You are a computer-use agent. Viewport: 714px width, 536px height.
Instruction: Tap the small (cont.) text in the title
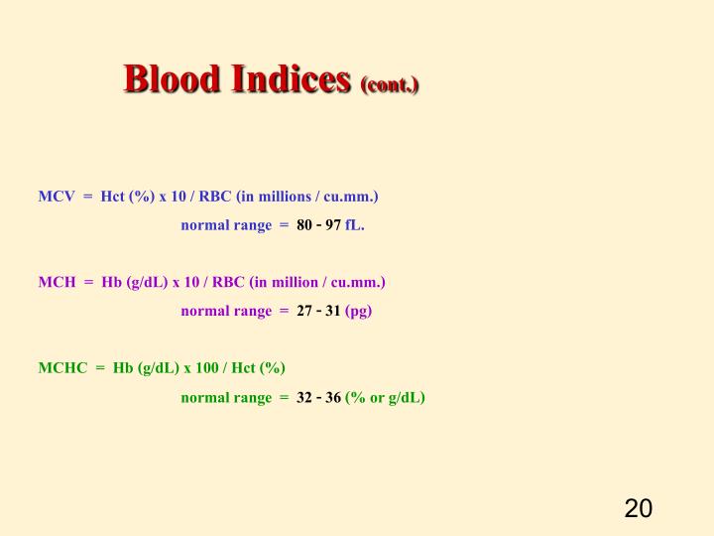pyautogui.click(x=391, y=84)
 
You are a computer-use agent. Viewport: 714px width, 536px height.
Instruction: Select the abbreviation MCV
pyautogui.click(x=58, y=196)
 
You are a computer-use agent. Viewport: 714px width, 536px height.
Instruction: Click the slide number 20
pyautogui.click(x=638, y=508)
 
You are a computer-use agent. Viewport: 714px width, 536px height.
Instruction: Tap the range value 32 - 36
pyautogui.click(x=318, y=398)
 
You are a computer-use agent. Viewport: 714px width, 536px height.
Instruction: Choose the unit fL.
pyautogui.click(x=355, y=225)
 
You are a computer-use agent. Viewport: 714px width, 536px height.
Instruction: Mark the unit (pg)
pyautogui.click(x=359, y=312)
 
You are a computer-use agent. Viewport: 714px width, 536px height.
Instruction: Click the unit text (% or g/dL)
pyautogui.click(x=385, y=398)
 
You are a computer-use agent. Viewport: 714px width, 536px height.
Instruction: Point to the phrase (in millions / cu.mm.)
pyautogui.click(x=307, y=196)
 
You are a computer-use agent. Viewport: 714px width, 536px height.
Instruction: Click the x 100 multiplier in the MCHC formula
pyautogui.click(x=204, y=368)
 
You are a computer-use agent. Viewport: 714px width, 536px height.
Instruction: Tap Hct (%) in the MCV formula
pyautogui.click(x=127, y=196)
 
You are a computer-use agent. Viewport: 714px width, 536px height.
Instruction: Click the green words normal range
pyautogui.click(x=226, y=398)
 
